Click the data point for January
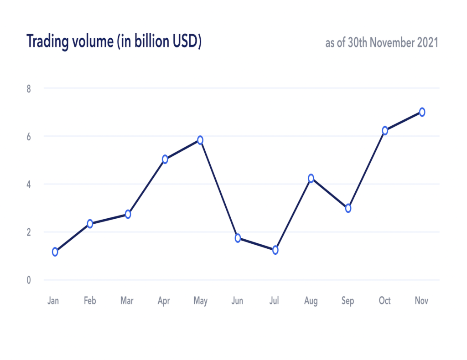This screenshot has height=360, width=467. (55, 252)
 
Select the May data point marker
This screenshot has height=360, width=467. (200, 140)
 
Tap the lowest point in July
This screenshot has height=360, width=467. (275, 250)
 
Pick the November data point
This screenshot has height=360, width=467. (422, 112)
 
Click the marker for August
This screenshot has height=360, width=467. (311, 178)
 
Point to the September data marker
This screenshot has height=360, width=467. (348, 208)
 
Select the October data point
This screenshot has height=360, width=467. (385, 130)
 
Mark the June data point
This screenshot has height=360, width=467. (238, 238)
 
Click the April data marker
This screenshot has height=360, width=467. (165, 159)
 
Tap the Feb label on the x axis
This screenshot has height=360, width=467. (90, 301)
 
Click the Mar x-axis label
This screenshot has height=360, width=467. (127, 301)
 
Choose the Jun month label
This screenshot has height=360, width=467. (237, 301)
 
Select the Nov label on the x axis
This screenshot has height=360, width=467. (421, 301)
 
